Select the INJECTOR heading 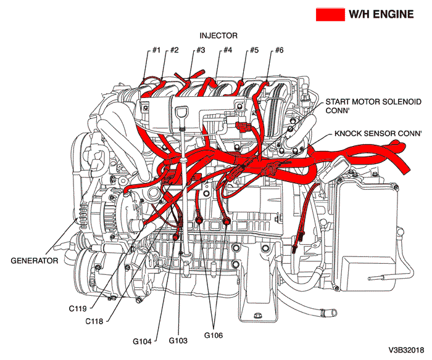coord(218,36)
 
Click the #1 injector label coord(157,50)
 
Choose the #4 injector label coord(227,50)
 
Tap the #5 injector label coord(253,50)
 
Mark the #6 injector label coord(279,50)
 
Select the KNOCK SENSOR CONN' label coord(378,133)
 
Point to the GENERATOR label coord(35,260)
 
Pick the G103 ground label coord(180,340)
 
